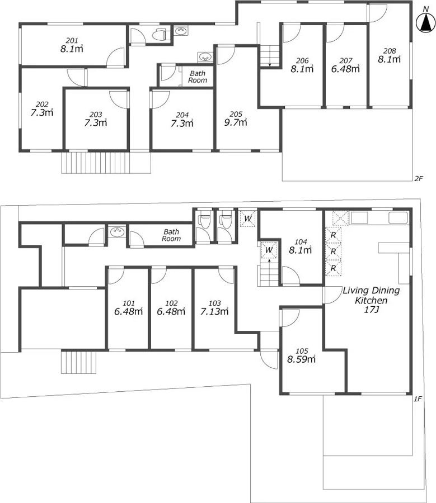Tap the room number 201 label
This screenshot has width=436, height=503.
pos(72,40)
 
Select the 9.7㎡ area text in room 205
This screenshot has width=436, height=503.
pos(236,122)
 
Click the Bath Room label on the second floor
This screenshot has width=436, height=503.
pos(198,77)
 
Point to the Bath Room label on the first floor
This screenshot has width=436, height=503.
pos(171,235)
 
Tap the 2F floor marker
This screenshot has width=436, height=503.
pos(418,179)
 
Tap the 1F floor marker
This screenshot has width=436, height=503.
pos(418,398)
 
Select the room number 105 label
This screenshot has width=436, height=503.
pos(302,351)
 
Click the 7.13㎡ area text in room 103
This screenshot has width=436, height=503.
pos(214,311)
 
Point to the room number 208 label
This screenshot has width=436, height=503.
pos(390,51)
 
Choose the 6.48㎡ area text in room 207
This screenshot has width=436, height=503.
pos(345,69)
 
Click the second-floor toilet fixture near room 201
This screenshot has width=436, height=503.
pos(159,34)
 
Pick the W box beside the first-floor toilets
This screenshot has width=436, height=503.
pos(248,219)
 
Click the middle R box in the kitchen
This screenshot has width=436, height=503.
pos(333,251)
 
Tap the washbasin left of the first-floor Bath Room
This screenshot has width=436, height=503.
pos(117,231)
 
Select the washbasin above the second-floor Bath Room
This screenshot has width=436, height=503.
pos(205,57)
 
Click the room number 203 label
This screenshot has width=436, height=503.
pos(96,115)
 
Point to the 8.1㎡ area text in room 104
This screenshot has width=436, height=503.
pos(301,250)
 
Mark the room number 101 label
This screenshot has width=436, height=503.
pos(129,303)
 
